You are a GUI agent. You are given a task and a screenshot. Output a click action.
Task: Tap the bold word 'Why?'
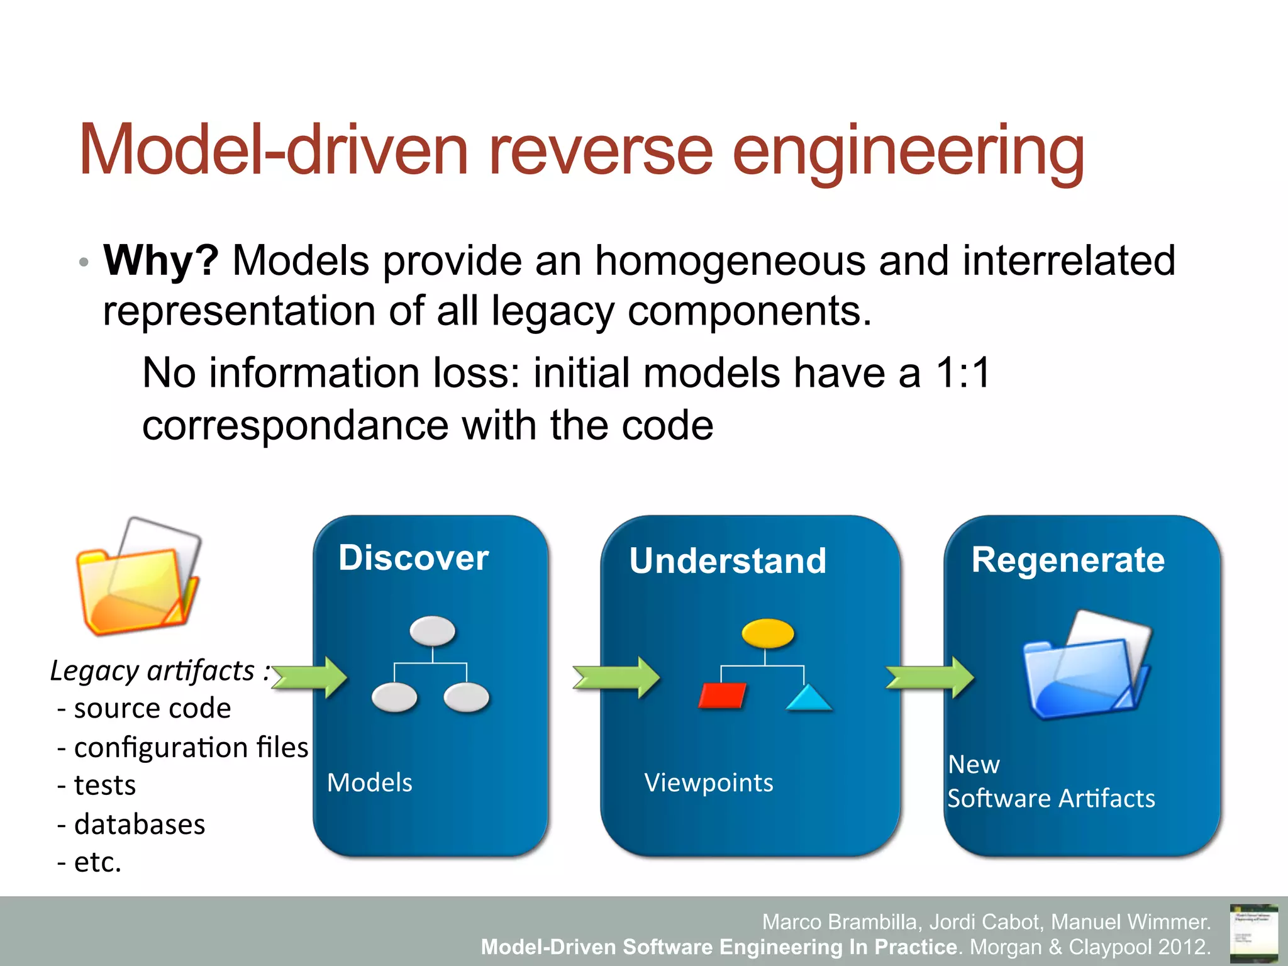click(161, 260)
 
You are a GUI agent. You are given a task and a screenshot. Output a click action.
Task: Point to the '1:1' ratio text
click(963, 373)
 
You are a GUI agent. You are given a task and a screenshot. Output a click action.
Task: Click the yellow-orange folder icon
click(138, 577)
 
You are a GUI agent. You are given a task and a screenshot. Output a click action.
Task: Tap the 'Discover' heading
click(413, 558)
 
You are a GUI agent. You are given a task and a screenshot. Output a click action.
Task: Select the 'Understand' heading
click(728, 560)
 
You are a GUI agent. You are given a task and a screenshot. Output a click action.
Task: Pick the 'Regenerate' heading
click(1068, 559)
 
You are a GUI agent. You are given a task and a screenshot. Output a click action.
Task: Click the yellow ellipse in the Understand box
click(767, 633)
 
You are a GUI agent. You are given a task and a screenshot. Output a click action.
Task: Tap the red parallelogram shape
click(723, 696)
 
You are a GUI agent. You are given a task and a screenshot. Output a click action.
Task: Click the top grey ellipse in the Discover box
click(432, 630)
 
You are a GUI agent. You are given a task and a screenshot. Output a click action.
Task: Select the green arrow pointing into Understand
click(616, 677)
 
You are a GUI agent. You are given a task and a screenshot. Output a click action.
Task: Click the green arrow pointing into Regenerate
click(930, 677)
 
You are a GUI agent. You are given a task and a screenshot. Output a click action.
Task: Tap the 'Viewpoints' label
click(709, 783)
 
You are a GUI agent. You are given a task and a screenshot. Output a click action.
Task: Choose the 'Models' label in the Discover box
click(370, 783)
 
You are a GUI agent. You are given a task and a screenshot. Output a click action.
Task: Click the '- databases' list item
click(131, 824)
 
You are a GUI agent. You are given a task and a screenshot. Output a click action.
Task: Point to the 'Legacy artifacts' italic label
click(153, 670)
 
